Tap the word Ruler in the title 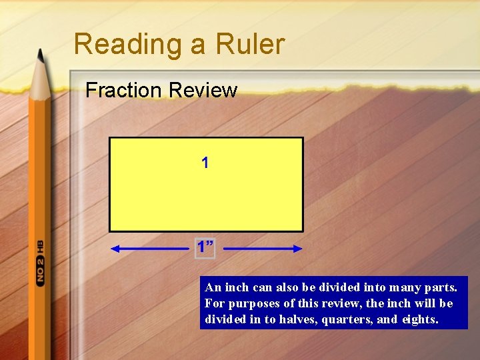[250, 44]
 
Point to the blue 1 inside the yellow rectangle [205, 163]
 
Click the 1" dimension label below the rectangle [205, 247]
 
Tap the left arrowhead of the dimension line [115, 249]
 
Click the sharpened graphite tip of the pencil [41, 55]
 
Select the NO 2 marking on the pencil [40, 271]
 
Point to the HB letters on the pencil [40, 246]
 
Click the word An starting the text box [213, 287]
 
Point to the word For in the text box [213, 303]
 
